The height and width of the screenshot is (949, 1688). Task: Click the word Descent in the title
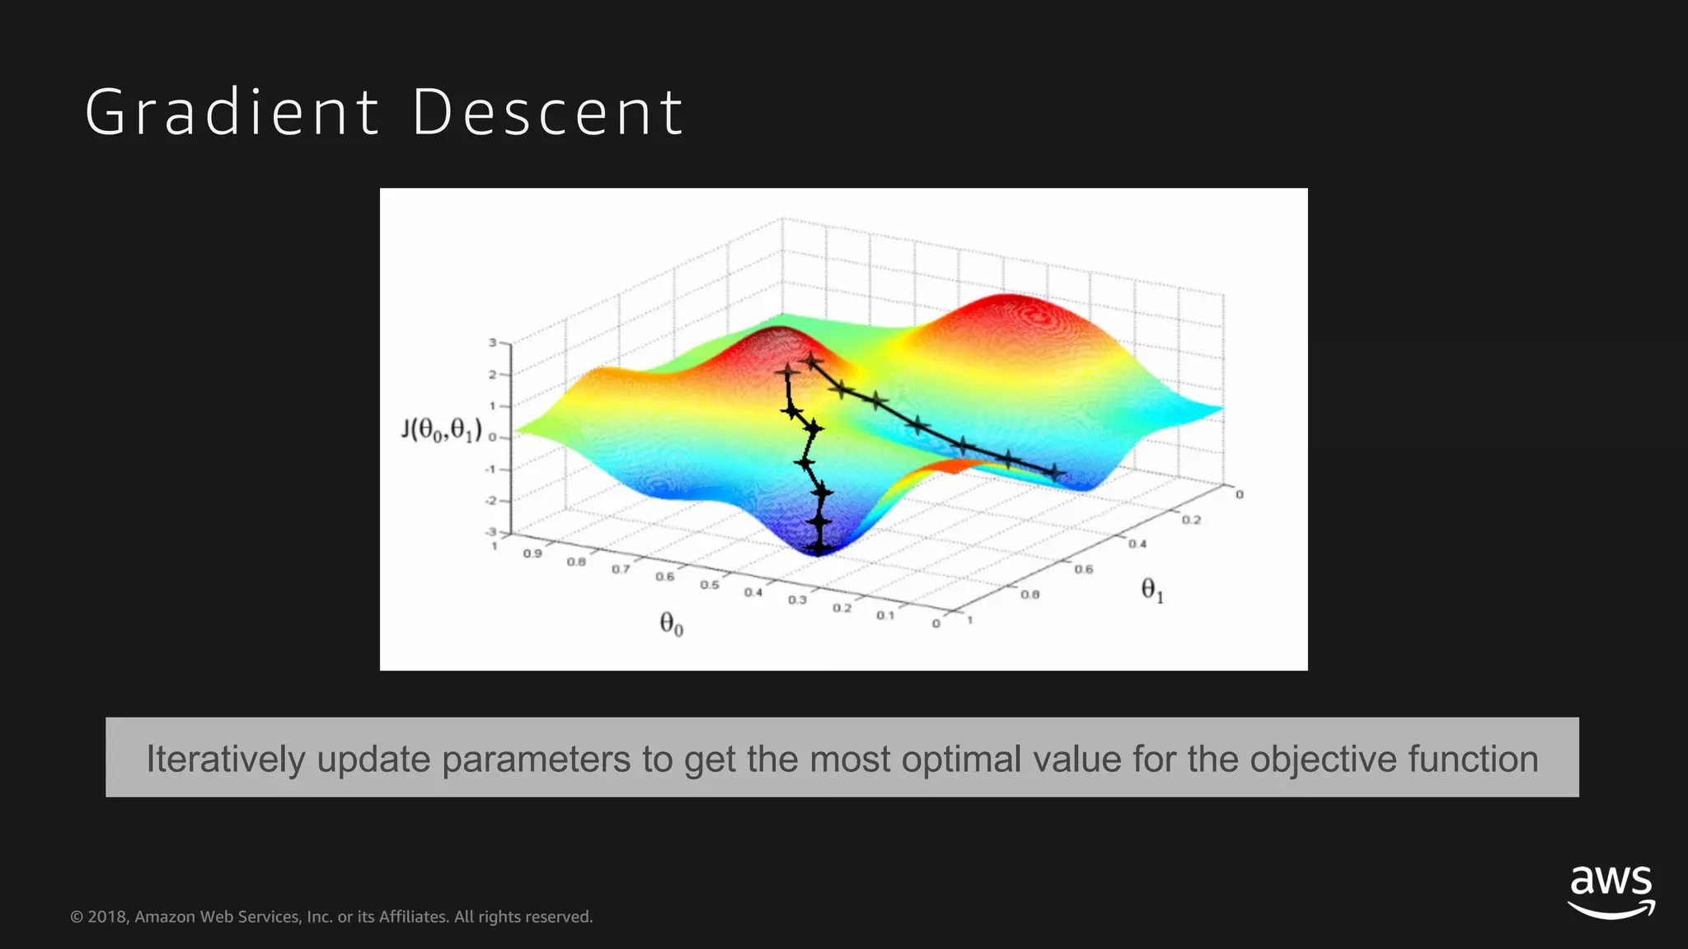[x=547, y=113]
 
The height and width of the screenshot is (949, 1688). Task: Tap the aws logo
[x=1611, y=891]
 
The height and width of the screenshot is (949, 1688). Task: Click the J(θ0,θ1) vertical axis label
[x=441, y=429]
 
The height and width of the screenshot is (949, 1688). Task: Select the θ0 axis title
[x=671, y=624]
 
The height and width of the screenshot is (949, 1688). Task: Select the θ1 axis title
[x=1151, y=590]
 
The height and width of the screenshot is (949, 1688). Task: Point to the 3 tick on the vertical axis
[x=492, y=343]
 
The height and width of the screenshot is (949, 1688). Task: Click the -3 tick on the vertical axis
[x=490, y=532]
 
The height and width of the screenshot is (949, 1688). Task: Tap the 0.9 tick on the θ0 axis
[x=532, y=554]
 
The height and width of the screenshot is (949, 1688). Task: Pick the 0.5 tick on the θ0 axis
[x=709, y=585]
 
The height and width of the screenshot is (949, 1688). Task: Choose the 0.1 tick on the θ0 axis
[x=884, y=615]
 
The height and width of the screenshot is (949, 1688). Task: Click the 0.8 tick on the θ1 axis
[x=1029, y=594]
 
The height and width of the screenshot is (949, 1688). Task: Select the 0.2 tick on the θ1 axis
[x=1191, y=520]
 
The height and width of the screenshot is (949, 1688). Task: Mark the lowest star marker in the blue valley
[x=818, y=546]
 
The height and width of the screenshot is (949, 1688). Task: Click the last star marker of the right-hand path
[x=1056, y=473]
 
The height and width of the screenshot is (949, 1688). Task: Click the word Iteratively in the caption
[x=226, y=759]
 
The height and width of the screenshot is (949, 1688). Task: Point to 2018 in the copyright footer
[x=107, y=917]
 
